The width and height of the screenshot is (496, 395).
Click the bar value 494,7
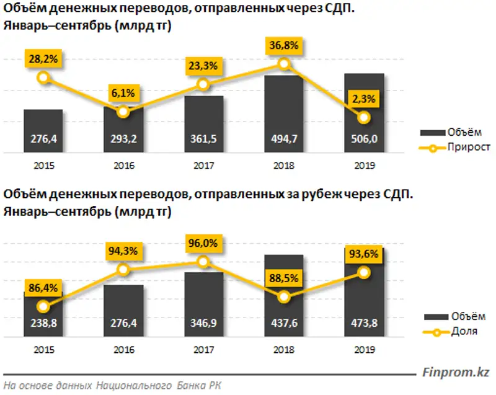pyautogui.click(x=284, y=140)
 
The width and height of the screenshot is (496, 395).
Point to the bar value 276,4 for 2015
pyautogui.click(x=43, y=140)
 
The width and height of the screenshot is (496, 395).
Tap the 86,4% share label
pyautogui.click(x=43, y=288)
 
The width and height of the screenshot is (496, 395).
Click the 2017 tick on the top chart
pyautogui.click(x=203, y=166)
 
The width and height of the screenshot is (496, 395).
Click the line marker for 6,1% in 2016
pyautogui.click(x=123, y=112)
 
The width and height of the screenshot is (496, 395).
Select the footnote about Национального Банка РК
pyautogui.click(x=112, y=386)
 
